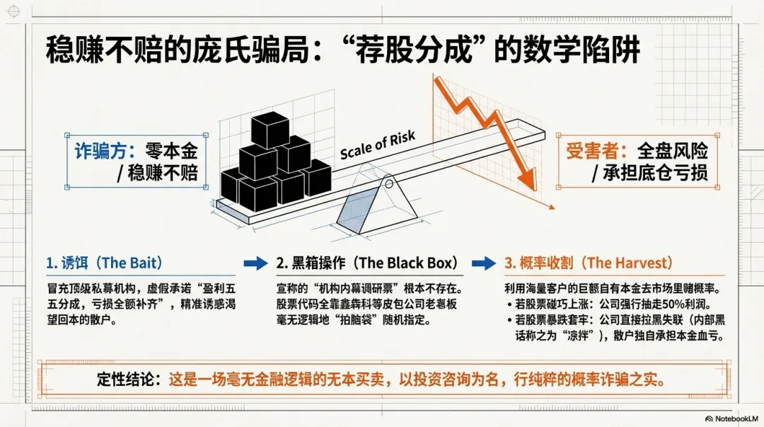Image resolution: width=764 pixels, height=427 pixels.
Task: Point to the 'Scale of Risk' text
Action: pos(378,145)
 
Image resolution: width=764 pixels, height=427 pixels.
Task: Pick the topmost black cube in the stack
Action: pos(270,130)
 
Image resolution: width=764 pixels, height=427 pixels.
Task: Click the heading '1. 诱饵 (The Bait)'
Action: pos(104,263)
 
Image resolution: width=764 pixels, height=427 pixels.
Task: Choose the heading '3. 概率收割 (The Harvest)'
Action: pos(587,263)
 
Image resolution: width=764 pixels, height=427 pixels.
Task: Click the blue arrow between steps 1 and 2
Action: pos(255,263)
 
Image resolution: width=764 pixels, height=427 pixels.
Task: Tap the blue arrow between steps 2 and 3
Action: pos(484,263)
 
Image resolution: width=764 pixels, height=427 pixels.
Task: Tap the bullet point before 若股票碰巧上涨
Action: pos(510,304)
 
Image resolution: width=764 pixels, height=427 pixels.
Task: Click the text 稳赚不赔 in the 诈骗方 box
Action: pos(163,174)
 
